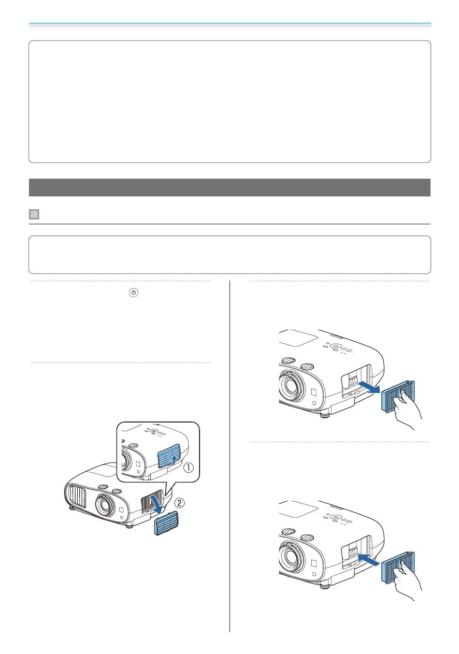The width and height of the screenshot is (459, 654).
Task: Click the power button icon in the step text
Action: click(x=133, y=292)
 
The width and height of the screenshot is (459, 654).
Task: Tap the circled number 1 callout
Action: click(x=188, y=468)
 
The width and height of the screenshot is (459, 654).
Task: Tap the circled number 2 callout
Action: click(x=179, y=503)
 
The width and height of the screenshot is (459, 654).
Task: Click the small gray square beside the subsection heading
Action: click(x=34, y=214)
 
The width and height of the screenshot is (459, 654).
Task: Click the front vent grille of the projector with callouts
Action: click(x=76, y=496)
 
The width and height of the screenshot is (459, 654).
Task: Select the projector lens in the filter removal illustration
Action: click(x=290, y=385)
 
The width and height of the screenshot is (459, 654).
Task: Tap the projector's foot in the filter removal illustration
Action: click(x=324, y=414)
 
